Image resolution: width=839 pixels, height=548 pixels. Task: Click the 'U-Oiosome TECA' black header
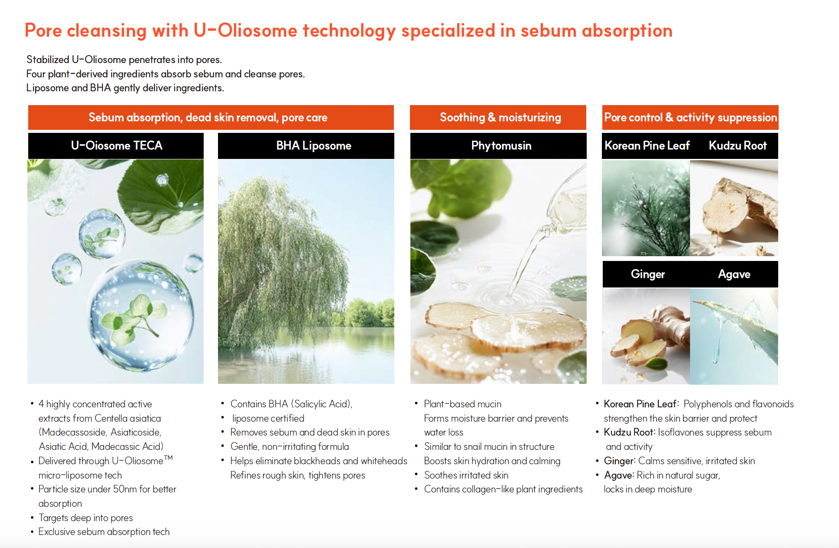(x=116, y=146)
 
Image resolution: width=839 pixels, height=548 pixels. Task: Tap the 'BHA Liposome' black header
(x=306, y=146)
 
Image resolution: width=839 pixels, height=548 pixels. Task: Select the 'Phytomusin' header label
(x=501, y=146)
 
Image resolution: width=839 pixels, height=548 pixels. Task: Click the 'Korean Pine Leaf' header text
(x=647, y=146)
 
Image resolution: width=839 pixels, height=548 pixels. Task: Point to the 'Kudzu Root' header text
(x=738, y=146)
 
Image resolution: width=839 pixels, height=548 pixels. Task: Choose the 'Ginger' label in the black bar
(x=648, y=274)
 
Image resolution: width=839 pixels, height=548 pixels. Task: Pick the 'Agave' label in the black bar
(x=734, y=274)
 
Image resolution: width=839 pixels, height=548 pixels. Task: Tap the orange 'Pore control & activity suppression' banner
(x=690, y=118)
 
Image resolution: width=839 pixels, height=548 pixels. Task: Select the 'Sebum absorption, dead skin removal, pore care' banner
(x=211, y=118)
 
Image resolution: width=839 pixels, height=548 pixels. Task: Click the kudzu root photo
(x=734, y=208)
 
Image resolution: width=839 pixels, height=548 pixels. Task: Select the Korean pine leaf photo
(x=646, y=208)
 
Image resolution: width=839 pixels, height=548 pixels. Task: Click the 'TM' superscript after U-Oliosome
(x=168, y=457)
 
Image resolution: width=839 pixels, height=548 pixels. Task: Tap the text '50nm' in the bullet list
(x=125, y=489)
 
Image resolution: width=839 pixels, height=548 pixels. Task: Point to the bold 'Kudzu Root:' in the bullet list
(x=630, y=432)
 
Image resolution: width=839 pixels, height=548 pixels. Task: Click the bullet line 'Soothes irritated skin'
(x=466, y=475)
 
